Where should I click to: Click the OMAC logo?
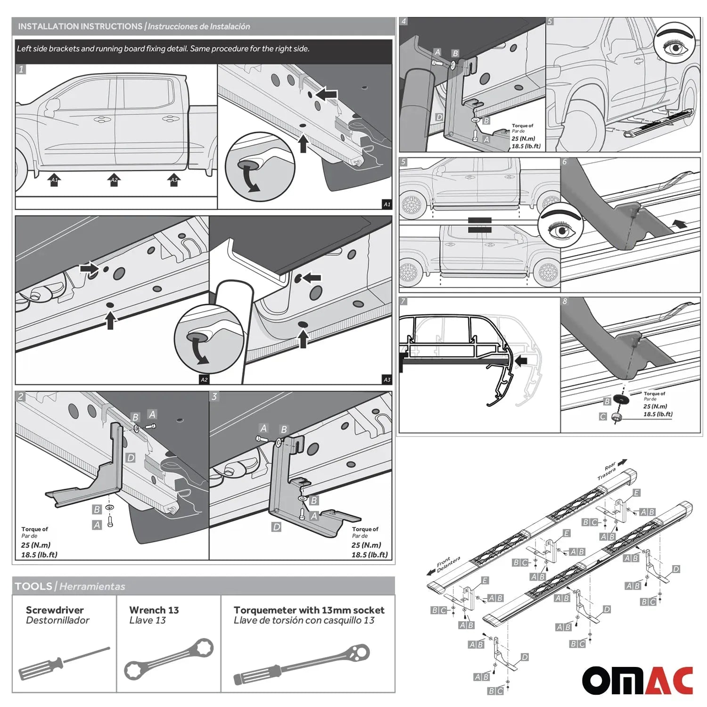click(x=637, y=680)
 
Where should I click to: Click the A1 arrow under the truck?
click(x=54, y=180)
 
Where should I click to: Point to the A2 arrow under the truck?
click(x=114, y=180)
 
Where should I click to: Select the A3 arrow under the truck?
click(x=174, y=180)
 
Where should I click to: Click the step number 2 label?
click(x=21, y=396)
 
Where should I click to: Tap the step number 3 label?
click(x=214, y=396)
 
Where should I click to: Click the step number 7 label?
click(x=403, y=301)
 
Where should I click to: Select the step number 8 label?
click(x=565, y=301)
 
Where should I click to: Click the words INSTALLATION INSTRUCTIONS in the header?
click(x=80, y=26)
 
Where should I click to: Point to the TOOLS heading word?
click(x=33, y=586)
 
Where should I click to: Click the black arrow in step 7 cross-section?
click(x=520, y=362)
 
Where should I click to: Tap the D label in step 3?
click(x=277, y=527)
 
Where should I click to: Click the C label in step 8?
click(x=603, y=417)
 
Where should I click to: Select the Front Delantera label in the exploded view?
click(x=446, y=564)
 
